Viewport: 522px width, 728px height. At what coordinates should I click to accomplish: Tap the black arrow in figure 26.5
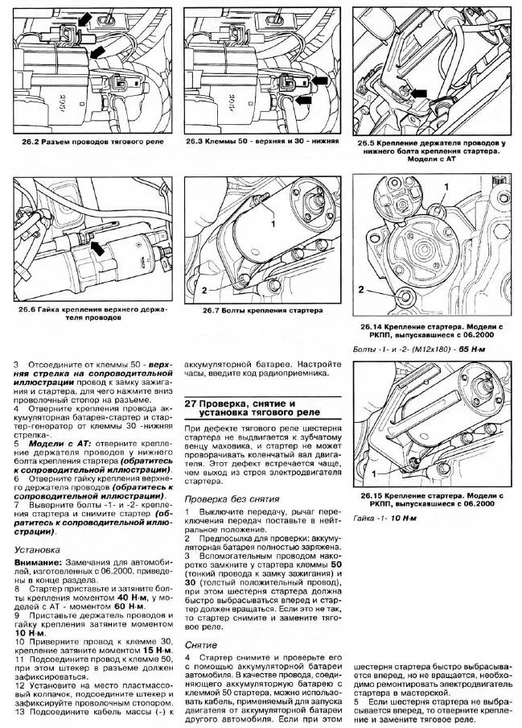point(417,93)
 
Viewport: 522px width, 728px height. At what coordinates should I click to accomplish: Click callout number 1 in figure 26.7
point(273,224)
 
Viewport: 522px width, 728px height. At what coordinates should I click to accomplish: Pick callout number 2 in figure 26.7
point(204,290)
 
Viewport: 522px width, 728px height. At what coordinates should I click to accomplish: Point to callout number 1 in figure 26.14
point(446,187)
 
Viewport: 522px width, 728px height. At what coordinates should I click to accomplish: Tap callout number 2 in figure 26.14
point(361,290)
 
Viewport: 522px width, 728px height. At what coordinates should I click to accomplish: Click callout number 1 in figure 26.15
point(374,474)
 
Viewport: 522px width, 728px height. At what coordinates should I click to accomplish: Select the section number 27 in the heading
point(189,403)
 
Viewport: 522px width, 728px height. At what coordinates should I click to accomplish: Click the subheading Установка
point(37,550)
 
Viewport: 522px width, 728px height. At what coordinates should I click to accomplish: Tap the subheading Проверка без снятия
point(232,499)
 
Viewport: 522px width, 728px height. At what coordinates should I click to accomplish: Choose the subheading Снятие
point(201,645)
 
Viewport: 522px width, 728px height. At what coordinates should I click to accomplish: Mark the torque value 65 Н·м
point(472,350)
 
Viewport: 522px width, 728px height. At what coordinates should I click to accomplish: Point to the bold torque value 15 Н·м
point(157,650)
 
